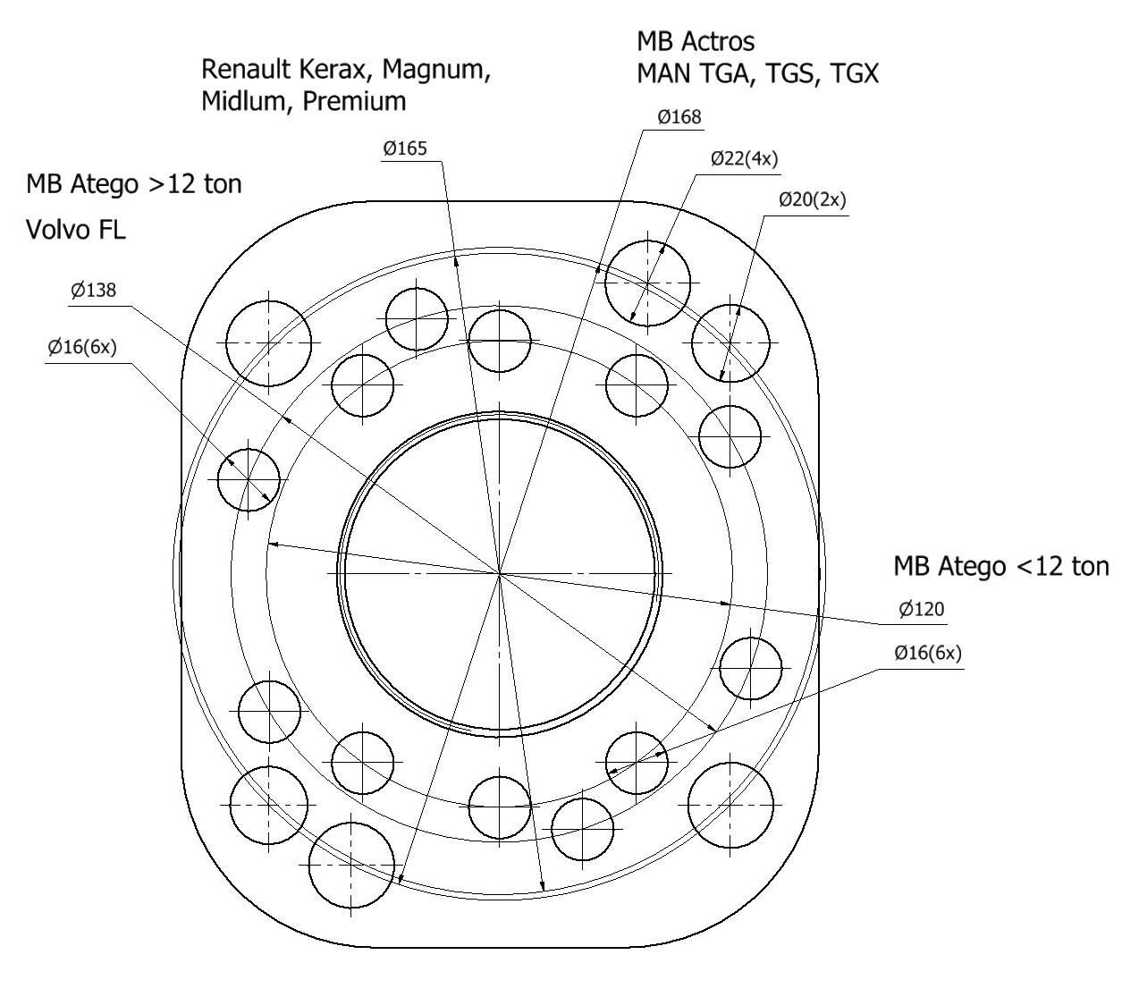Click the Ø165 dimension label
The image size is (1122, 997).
point(405,148)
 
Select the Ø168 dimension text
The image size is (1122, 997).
point(679,117)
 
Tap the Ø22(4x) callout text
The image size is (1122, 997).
point(744,159)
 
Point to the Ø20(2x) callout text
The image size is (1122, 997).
point(811,199)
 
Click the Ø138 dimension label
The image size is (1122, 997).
point(93,290)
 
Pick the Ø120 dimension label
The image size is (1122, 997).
point(921,610)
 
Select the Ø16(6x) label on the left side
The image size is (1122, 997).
point(82,347)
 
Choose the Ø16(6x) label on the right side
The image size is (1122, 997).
point(927,654)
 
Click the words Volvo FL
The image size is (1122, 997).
point(76,230)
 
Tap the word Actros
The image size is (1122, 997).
point(718,41)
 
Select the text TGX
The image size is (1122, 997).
point(854,73)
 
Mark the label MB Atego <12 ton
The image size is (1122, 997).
point(1000,566)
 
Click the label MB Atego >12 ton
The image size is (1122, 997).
point(134,185)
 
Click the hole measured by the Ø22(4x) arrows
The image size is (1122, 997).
point(647,282)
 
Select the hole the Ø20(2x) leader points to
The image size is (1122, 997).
point(730,342)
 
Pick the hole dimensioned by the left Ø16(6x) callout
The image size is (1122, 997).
point(249,479)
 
